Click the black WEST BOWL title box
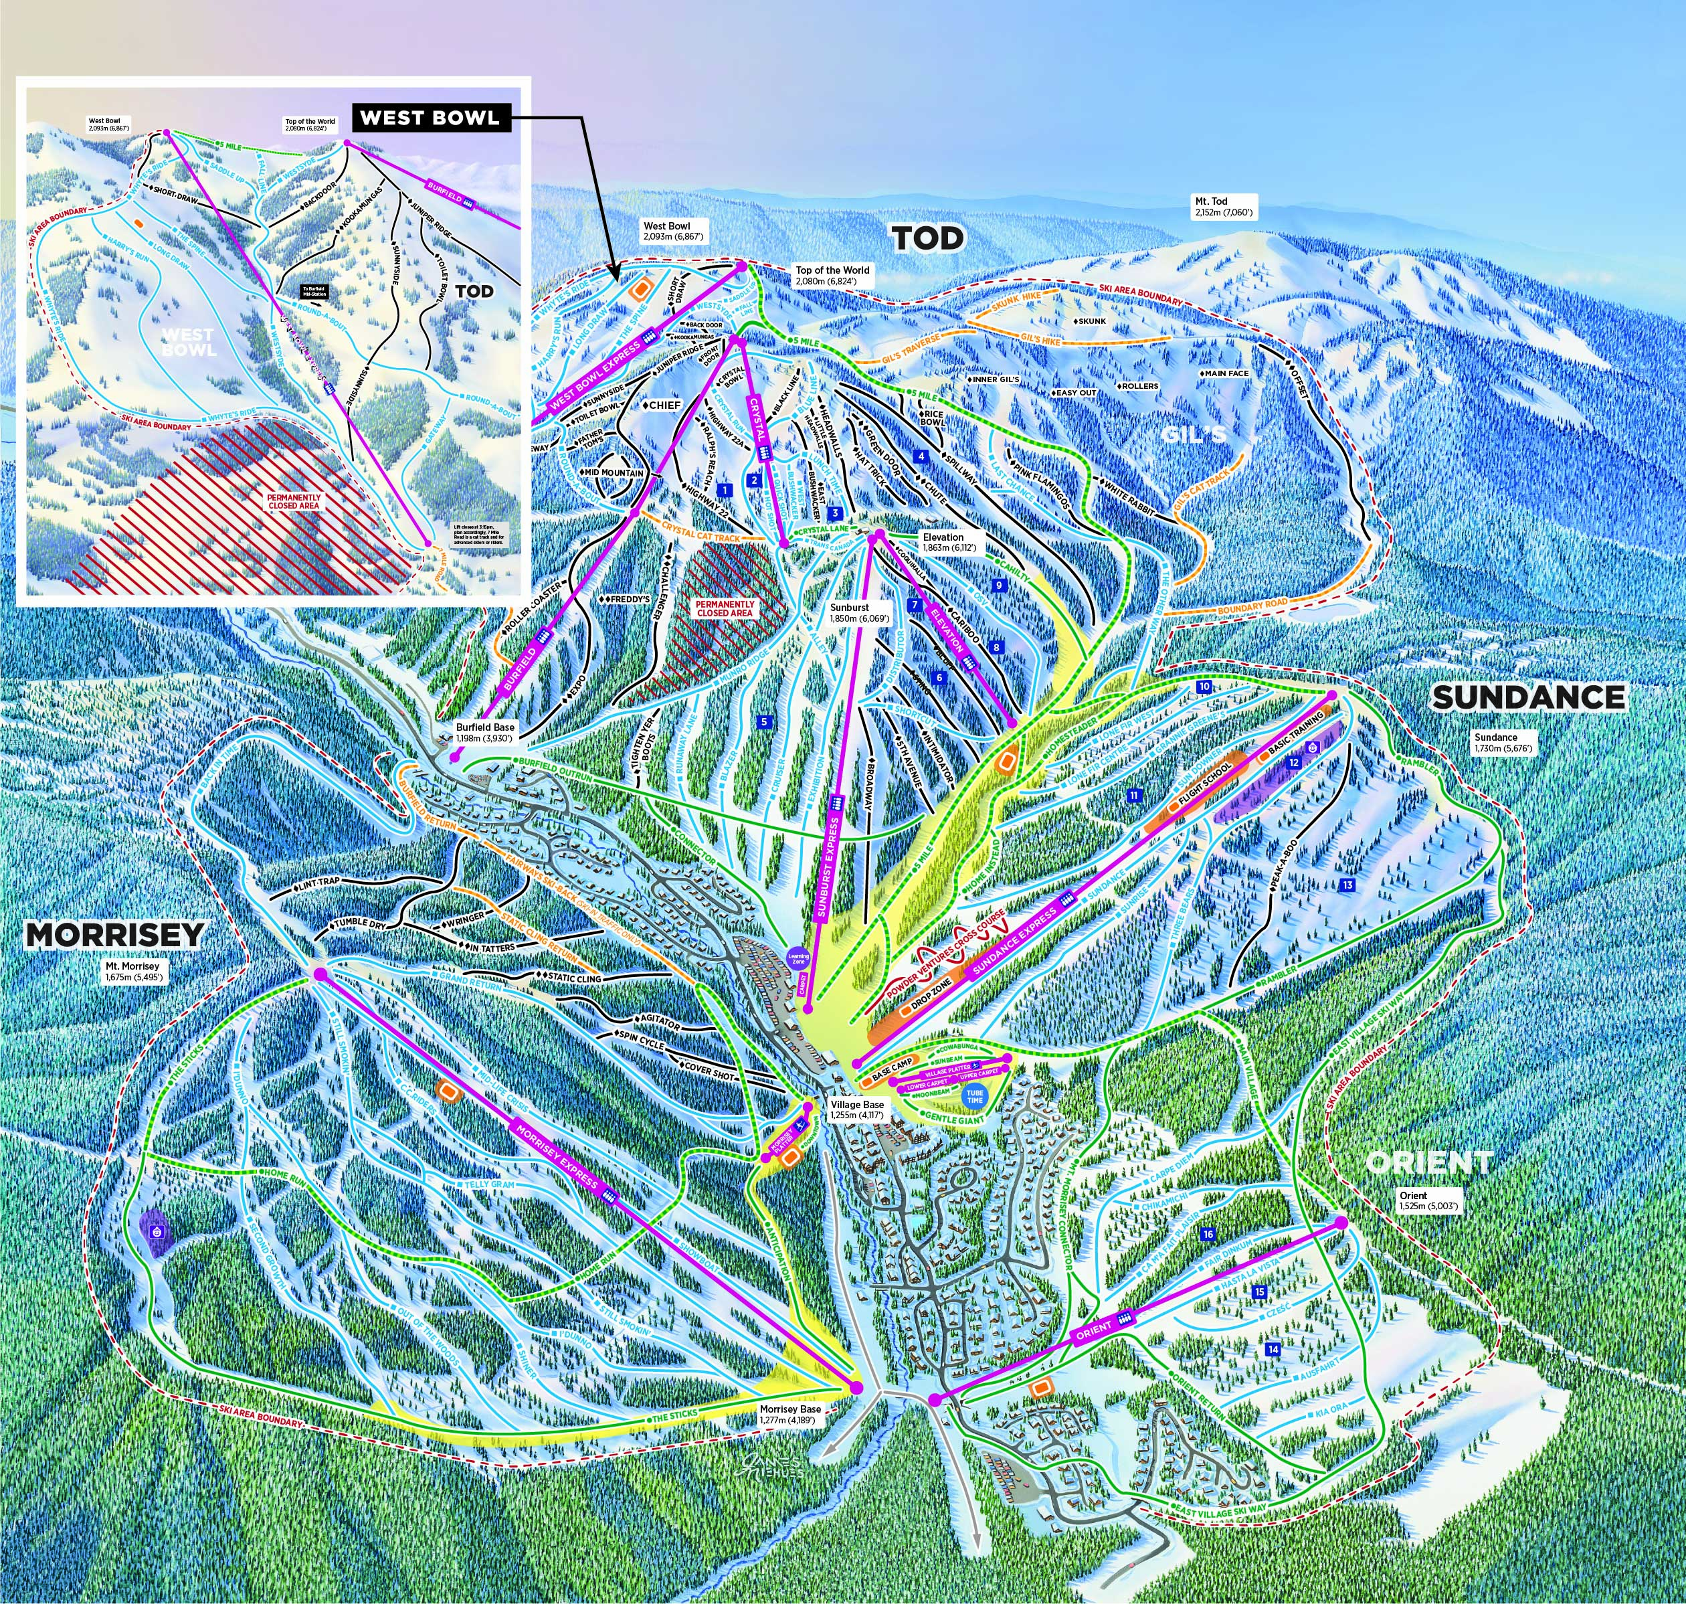[x=430, y=118]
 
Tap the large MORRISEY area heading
[x=116, y=935]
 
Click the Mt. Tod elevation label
[x=1224, y=206]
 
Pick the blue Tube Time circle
[x=975, y=1096]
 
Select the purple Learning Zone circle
[x=798, y=960]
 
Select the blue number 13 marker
[x=1347, y=885]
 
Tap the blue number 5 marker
[x=764, y=721]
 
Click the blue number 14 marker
[x=1273, y=1349]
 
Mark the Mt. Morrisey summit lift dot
[x=320, y=974]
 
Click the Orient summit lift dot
[x=1339, y=1223]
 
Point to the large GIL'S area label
[x=1194, y=434]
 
